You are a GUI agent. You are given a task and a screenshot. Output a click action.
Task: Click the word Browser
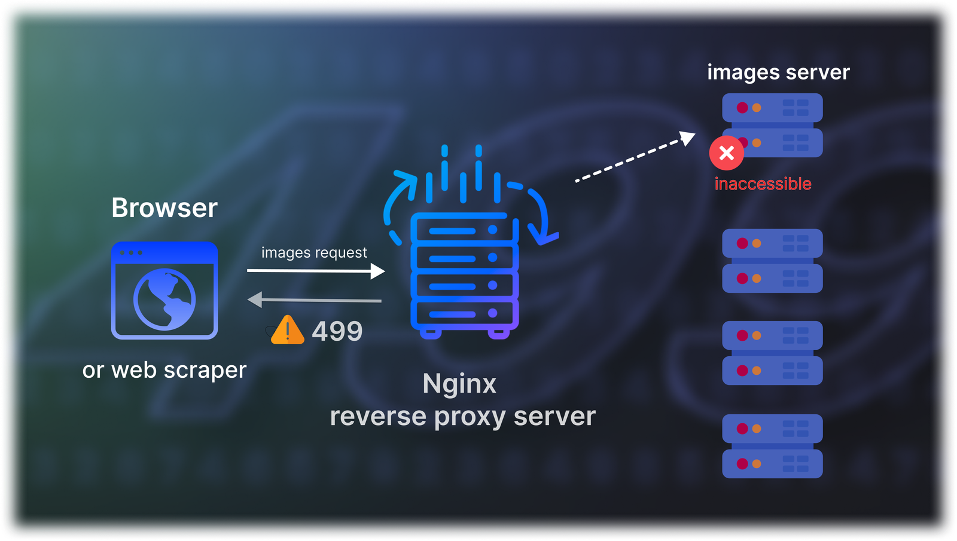click(164, 208)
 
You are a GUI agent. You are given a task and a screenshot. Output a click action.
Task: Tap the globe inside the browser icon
click(164, 299)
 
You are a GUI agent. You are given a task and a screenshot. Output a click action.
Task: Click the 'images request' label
click(314, 252)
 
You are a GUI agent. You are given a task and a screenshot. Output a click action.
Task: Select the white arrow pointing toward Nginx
click(316, 271)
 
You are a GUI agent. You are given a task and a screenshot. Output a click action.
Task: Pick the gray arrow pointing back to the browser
click(315, 299)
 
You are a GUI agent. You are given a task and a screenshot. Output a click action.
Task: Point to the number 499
click(337, 331)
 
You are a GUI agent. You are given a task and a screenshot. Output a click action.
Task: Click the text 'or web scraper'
click(164, 370)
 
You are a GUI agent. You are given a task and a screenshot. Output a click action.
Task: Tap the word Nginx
click(459, 384)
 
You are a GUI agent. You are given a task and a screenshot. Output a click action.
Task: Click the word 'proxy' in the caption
click(470, 417)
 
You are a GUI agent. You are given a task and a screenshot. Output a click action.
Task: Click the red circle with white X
click(727, 153)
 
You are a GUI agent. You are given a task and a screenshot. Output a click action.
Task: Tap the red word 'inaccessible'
click(763, 184)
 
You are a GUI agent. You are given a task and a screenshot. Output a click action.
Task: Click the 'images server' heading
click(778, 72)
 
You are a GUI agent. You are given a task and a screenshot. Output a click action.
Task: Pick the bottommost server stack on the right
click(772, 446)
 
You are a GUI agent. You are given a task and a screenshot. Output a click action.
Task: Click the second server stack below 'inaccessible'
click(772, 353)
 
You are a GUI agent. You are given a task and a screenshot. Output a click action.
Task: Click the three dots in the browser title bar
click(131, 253)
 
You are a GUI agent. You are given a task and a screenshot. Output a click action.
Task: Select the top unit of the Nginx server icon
click(464, 230)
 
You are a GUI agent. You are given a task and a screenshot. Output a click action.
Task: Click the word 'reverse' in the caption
click(378, 417)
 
